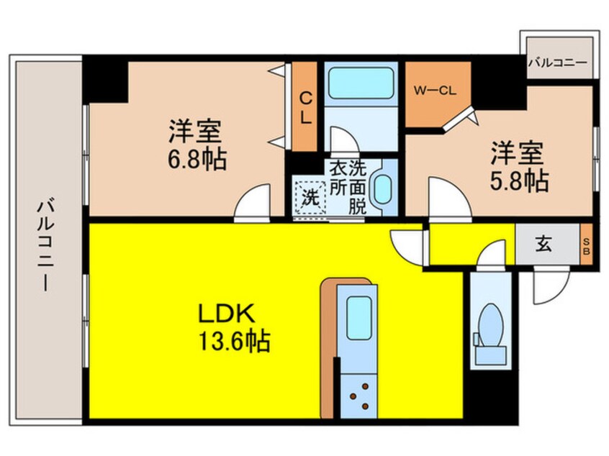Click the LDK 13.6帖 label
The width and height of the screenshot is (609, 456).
point(234,327)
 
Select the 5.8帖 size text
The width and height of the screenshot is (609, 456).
point(520,180)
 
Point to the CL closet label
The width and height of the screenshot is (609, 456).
point(305,108)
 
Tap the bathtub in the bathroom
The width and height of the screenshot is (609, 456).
point(360,84)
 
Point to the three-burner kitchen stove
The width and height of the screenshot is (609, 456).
point(358,395)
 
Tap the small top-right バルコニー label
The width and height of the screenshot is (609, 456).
point(558,63)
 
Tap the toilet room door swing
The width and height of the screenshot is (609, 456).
point(492,255)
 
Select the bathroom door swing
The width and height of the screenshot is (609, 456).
point(342,140)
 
